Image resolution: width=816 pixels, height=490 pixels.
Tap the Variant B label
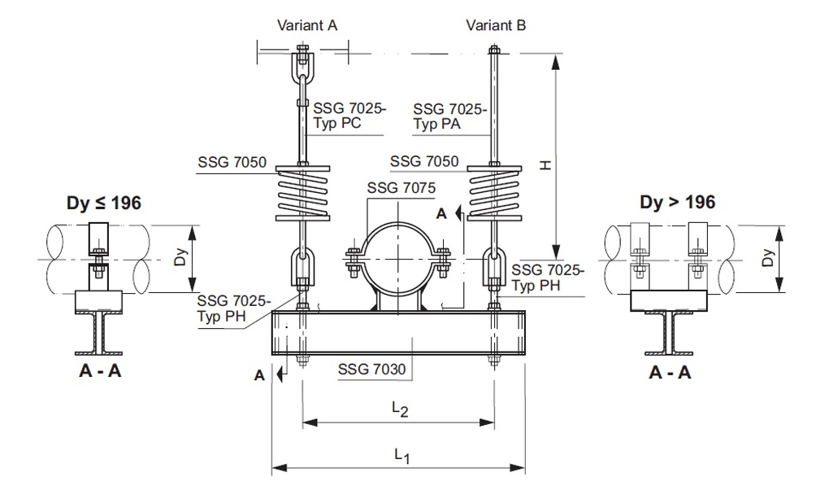(496, 25)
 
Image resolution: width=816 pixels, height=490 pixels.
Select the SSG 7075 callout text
(401, 189)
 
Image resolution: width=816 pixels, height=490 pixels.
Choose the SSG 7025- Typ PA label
(449, 116)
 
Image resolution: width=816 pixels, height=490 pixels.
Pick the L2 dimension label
(399, 409)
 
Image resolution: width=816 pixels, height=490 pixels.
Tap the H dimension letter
(545, 165)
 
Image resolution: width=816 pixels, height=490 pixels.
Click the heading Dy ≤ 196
(104, 203)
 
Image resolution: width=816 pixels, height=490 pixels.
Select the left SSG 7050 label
(232, 163)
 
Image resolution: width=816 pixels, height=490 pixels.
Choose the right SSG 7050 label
(424, 162)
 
